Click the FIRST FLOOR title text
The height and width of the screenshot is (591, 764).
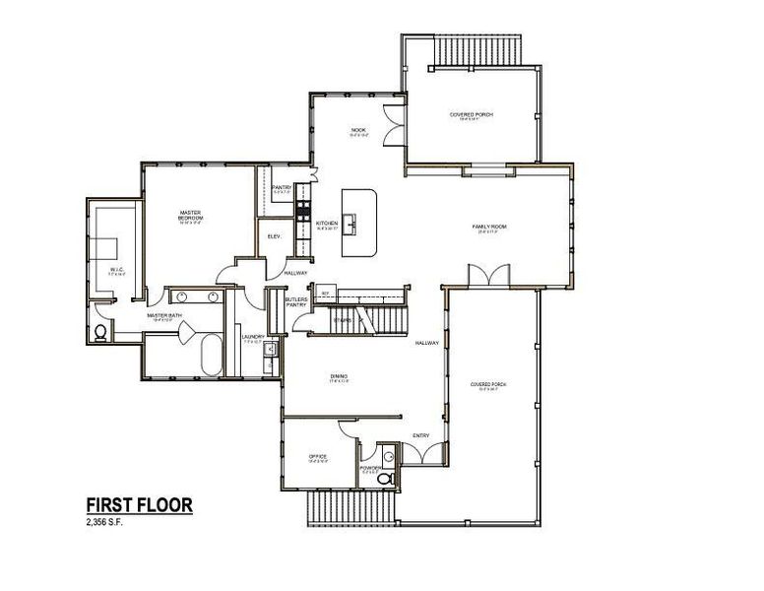click(133, 505)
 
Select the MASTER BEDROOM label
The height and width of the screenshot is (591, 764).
click(190, 214)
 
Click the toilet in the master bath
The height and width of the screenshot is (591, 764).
click(100, 333)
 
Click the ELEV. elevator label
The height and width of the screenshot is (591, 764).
click(272, 236)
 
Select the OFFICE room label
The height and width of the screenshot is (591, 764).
click(317, 456)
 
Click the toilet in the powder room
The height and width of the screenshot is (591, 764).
click(391, 480)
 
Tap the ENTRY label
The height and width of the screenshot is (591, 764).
click(420, 435)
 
